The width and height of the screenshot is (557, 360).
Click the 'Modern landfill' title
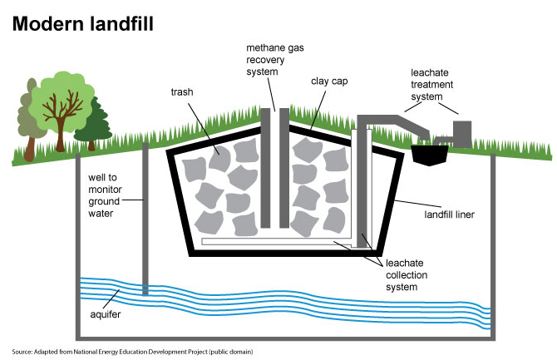point(83,24)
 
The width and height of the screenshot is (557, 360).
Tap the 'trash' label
point(182,92)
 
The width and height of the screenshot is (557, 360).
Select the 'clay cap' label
point(329,81)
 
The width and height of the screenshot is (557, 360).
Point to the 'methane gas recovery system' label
point(275,60)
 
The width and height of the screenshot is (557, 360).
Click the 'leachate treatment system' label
point(431,85)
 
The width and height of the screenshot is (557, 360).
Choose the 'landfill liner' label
point(450,215)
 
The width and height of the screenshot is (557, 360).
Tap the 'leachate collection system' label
point(407,275)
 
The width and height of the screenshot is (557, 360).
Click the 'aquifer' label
point(105,314)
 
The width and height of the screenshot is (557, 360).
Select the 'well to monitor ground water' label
point(105,195)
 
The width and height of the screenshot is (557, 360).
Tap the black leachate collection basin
point(430,155)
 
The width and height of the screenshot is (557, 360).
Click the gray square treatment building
point(462,134)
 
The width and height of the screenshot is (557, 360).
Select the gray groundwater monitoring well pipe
point(145,219)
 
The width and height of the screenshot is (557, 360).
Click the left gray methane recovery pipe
point(265,168)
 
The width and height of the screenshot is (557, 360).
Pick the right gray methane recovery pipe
point(284,168)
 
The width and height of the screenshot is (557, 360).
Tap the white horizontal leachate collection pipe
point(276,242)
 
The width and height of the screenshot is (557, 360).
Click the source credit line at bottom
point(132,352)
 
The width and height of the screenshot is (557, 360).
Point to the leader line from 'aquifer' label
point(111,298)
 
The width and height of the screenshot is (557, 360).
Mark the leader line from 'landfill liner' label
point(417,204)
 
